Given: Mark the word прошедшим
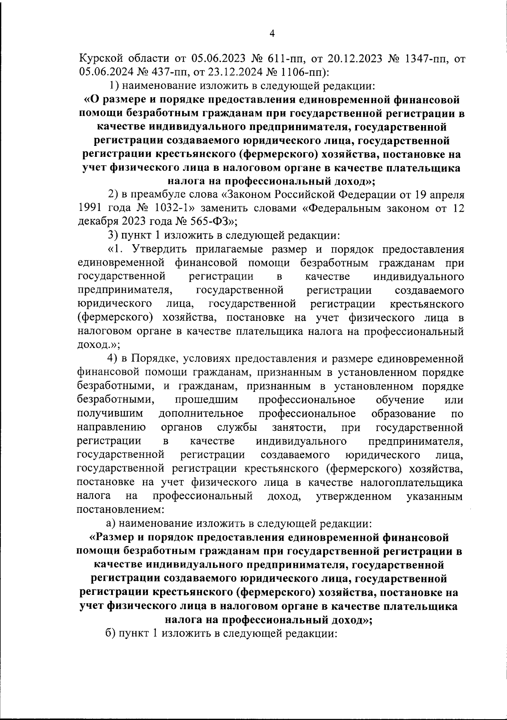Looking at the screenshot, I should [x=206, y=400].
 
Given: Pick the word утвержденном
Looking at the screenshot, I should [x=354, y=496].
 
